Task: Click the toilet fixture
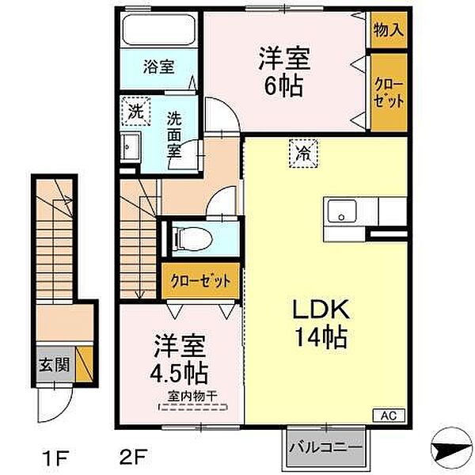192,238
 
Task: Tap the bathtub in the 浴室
158,29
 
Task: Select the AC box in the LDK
389,416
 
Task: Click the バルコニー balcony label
326,447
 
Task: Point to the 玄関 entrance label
55,364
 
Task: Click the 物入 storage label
389,30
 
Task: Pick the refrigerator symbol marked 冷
303,154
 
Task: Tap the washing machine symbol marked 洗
135,111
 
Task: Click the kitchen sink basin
342,211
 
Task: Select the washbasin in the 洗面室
131,147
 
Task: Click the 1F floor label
56,457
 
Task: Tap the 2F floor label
133,457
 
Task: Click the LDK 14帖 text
321,323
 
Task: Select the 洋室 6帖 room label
284,72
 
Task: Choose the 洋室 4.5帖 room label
180,359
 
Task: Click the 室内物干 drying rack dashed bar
193,407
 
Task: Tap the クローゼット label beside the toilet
200,281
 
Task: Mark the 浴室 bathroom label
159,67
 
